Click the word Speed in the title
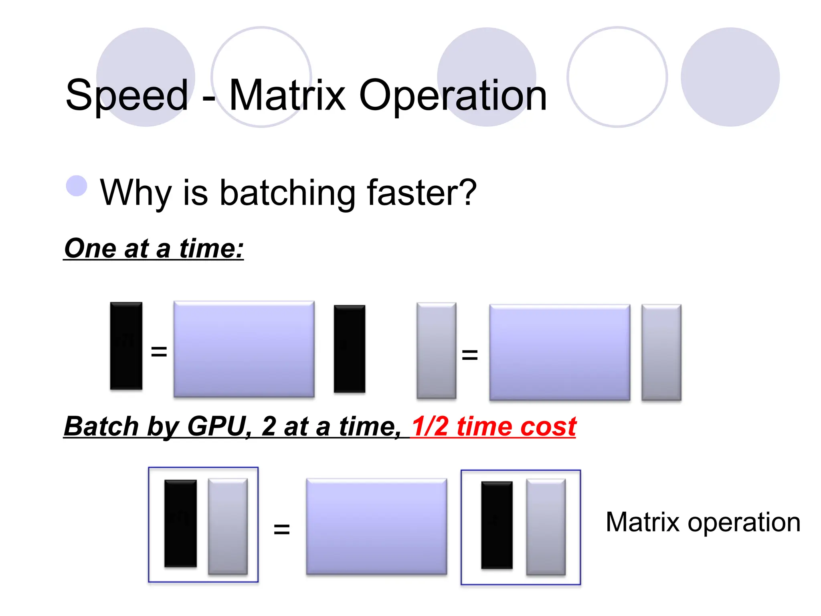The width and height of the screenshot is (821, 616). click(x=127, y=95)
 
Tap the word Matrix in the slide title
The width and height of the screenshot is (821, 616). click(x=287, y=95)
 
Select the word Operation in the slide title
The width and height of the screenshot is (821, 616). click(x=453, y=95)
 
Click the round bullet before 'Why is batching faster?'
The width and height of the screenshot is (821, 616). click(x=77, y=186)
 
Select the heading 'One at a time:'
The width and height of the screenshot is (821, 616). click(x=154, y=249)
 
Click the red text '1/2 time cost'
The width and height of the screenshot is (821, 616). click(x=494, y=426)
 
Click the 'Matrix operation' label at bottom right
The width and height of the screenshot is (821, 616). click(x=703, y=522)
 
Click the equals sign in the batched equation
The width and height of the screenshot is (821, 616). click(x=281, y=529)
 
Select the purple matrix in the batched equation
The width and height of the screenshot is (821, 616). click(x=376, y=527)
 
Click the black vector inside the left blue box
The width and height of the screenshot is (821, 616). click(x=180, y=523)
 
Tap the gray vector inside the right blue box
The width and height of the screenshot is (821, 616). click(x=546, y=527)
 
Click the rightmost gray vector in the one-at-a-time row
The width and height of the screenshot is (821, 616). click(x=661, y=352)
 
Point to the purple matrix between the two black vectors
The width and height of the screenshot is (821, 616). click(x=244, y=349)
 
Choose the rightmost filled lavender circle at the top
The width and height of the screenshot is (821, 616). click(x=730, y=77)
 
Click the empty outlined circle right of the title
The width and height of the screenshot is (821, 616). click(x=617, y=77)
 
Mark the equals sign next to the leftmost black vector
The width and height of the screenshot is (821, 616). click(x=159, y=351)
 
